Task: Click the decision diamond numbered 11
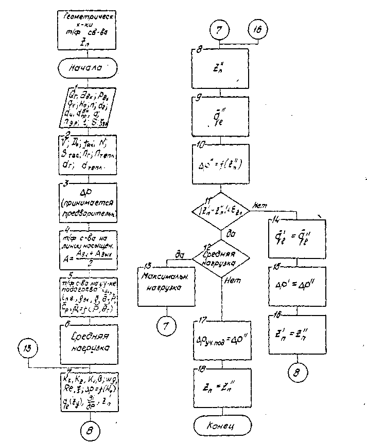pos(221,211)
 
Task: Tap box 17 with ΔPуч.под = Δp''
pos(221,339)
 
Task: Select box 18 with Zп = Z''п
pos(221,384)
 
